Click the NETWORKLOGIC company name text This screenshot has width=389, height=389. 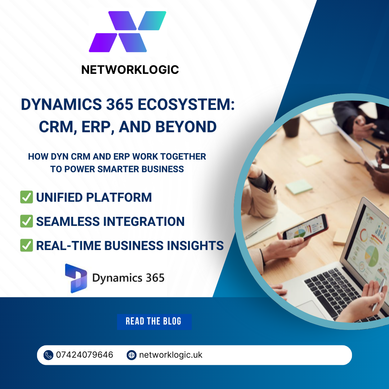pyautogui.click(x=130, y=70)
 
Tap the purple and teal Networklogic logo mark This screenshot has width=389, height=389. pyautogui.click(x=128, y=31)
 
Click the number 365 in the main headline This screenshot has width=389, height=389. pyautogui.click(x=120, y=104)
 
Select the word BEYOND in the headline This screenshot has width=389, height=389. pyautogui.click(x=186, y=127)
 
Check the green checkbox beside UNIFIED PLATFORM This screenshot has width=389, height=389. pyautogui.click(x=27, y=197)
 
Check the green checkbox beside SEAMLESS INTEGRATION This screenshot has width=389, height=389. pyautogui.click(x=27, y=221)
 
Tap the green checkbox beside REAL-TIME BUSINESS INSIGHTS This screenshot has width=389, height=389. pyautogui.click(x=27, y=245)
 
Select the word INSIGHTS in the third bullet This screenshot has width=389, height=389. pyautogui.click(x=195, y=245)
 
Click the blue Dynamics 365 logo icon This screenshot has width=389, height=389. pyautogui.click(x=76, y=278)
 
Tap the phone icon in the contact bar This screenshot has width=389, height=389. pyautogui.click(x=48, y=355)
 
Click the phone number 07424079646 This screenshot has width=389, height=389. pyautogui.click(x=85, y=355)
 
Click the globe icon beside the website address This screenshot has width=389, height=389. pyautogui.click(x=131, y=355)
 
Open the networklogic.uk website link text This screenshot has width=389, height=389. pyautogui.click(x=171, y=355)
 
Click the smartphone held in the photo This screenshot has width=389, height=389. pyautogui.click(x=305, y=227)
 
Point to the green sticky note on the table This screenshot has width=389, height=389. pyautogui.click(x=299, y=187)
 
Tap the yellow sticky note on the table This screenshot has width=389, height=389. pyautogui.click(x=310, y=160)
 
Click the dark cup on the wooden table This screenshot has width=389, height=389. pyautogui.click(x=291, y=126)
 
